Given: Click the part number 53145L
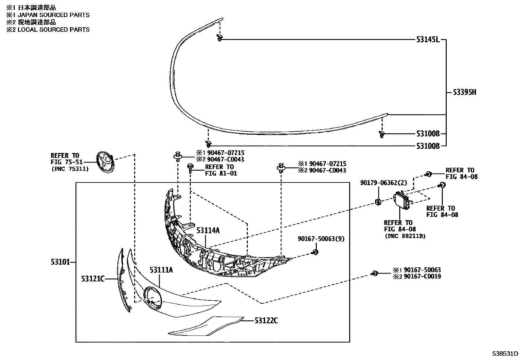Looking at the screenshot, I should (428, 40).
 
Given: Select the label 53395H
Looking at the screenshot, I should (465, 92).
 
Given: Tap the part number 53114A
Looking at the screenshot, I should (208, 231).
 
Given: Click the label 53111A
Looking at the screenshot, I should (161, 270).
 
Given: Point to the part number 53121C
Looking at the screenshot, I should (93, 279).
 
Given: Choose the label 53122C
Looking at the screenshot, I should (266, 321).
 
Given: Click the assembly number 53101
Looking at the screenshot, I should (60, 262).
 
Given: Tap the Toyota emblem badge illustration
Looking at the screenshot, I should (105, 161).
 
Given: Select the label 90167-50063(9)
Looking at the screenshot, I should (321, 239).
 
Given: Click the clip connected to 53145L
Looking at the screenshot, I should (219, 38).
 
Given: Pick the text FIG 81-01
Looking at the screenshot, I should (221, 173).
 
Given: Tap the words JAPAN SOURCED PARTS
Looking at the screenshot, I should (53, 15).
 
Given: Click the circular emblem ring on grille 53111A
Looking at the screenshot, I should (152, 297).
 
